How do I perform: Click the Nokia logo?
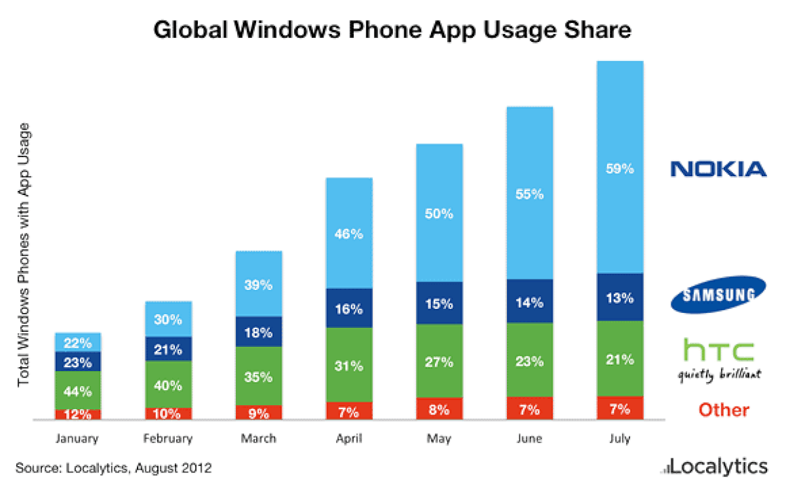[718, 170]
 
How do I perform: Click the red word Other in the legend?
[723, 410]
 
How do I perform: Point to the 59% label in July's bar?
[620, 169]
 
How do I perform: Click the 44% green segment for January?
[78, 391]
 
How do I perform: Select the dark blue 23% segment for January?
[78, 361]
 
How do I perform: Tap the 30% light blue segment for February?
[168, 319]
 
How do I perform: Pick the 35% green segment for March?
[259, 377]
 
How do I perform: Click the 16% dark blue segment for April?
[349, 307]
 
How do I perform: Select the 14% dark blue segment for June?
[529, 302]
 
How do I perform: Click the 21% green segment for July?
[620, 359]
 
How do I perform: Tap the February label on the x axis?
[168, 439]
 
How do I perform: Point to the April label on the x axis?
[349, 439]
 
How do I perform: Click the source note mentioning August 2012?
[113, 468]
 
